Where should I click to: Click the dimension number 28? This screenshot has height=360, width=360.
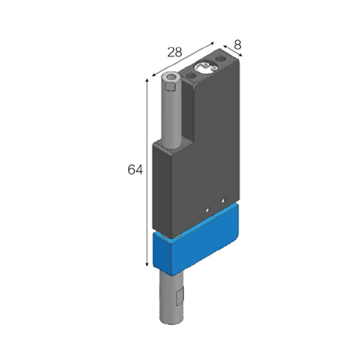(x=175, y=52)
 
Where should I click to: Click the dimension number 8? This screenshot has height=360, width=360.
(x=238, y=45)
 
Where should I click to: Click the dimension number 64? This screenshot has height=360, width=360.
(x=135, y=170)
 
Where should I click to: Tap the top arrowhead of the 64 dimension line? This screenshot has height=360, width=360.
(x=147, y=80)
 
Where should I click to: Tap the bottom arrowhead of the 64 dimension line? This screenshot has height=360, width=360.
(x=147, y=265)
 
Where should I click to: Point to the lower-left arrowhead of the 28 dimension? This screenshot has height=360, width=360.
(x=154, y=74)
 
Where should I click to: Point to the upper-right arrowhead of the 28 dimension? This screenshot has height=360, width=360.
(x=212, y=43)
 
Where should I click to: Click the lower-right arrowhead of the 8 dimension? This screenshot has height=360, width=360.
(x=240, y=55)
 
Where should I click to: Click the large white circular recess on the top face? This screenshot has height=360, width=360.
(x=204, y=68)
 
